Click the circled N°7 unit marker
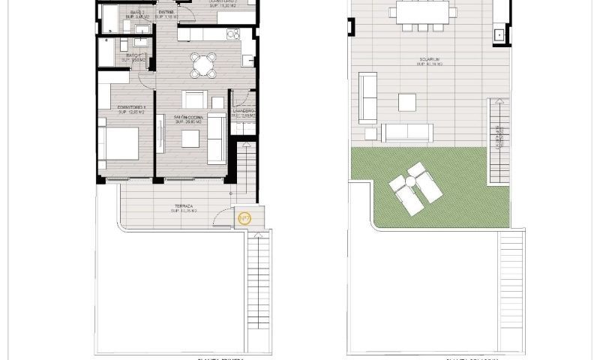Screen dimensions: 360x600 (x=244, y=218)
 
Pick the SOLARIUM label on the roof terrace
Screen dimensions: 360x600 (x=429, y=61)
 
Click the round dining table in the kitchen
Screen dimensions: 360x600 (x=202, y=65)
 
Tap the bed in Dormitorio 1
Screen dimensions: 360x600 (x=120, y=143)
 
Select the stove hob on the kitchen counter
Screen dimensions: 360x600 (x=233, y=34)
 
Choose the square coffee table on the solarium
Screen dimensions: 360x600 (x=407, y=102)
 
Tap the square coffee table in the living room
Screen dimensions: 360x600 (x=190, y=138)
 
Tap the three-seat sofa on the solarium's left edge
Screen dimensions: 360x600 (x=367, y=97)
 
